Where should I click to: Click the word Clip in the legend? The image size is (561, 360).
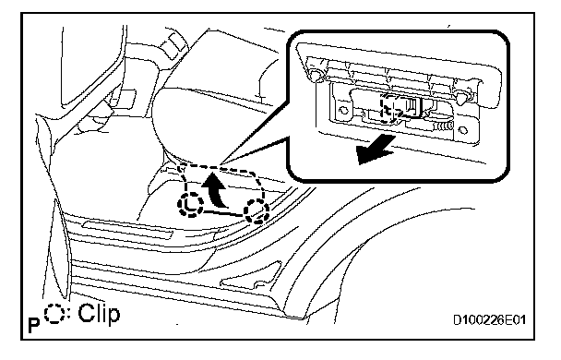[99, 315]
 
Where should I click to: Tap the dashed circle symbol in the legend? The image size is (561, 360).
[54, 314]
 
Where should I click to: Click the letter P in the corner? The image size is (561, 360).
[33, 326]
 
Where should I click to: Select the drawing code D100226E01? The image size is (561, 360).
[489, 319]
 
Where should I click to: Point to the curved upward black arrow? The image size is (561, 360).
[216, 189]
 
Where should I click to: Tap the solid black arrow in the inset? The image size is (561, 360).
[376, 150]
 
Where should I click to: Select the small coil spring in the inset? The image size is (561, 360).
[444, 126]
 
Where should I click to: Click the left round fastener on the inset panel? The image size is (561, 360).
[316, 74]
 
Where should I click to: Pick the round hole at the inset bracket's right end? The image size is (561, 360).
[463, 130]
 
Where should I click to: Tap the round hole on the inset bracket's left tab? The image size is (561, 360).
[343, 110]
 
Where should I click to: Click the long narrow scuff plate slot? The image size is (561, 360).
[127, 230]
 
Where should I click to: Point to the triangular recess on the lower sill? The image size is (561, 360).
[251, 277]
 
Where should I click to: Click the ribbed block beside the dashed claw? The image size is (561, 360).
[412, 105]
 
